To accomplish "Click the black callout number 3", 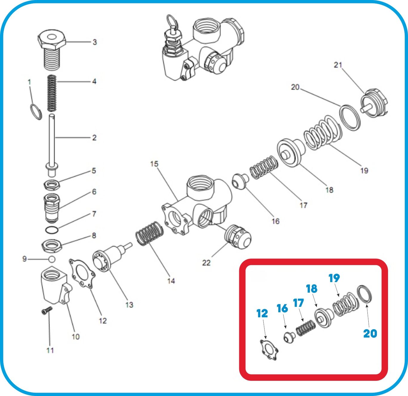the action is pyautogui.click(x=95, y=42).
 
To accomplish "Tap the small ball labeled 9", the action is pyautogui.click(x=52, y=259).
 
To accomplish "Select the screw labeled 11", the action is pyautogui.click(x=47, y=310).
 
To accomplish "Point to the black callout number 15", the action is pyautogui.click(x=154, y=164).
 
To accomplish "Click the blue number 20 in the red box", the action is pyautogui.click(x=370, y=333).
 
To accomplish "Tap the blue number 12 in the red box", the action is pyautogui.click(x=262, y=313).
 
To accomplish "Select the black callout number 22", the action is pyautogui.click(x=206, y=263).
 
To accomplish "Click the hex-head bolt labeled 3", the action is pyautogui.click(x=52, y=49).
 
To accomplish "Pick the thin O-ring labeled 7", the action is pyautogui.click(x=52, y=230).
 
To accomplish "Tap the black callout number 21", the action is pyautogui.click(x=338, y=65).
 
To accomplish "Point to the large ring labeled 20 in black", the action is pyautogui.click(x=350, y=118).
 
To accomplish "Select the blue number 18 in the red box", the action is pyautogui.click(x=312, y=289).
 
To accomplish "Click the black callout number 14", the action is pyautogui.click(x=171, y=281).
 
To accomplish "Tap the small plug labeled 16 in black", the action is pyautogui.click(x=240, y=181).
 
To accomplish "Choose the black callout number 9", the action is pyautogui.click(x=24, y=259).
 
